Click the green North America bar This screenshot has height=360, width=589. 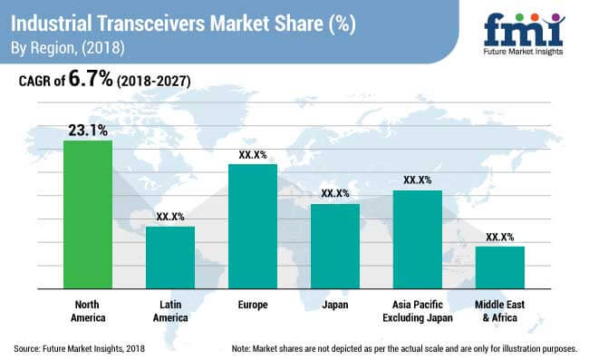click(x=88, y=214)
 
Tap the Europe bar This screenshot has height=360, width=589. click(x=253, y=226)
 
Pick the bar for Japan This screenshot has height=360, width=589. click(x=335, y=246)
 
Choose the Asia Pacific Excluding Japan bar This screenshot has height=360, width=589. click(x=417, y=239)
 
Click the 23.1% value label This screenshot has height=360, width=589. click(x=88, y=131)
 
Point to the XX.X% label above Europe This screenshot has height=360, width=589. click(x=253, y=154)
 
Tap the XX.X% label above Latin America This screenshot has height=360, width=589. click(x=170, y=217)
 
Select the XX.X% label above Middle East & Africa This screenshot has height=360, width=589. click(x=499, y=237)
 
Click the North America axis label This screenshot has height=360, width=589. click(x=88, y=311)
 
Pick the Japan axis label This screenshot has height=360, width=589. click(x=335, y=305)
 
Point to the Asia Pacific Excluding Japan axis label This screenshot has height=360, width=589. click(x=417, y=311)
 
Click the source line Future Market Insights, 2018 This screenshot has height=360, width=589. click(x=79, y=348)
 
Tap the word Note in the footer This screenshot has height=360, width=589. click(x=243, y=348)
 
